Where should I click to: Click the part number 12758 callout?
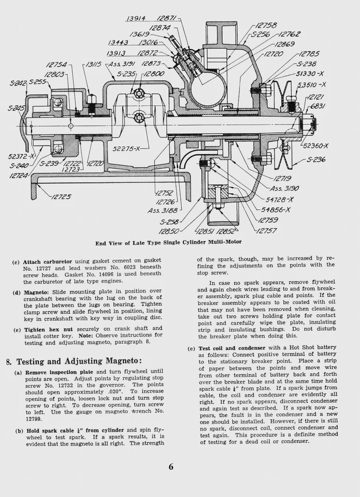pyautogui.click(x=266, y=25)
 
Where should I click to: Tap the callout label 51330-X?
pyautogui.click(x=311, y=74)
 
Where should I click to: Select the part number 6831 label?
pyautogui.click(x=317, y=106)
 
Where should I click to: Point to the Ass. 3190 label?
pyautogui.click(x=287, y=188)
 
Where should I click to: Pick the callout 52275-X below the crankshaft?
pyautogui.click(x=127, y=149)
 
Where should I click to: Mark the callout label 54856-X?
pyautogui.click(x=276, y=210)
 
